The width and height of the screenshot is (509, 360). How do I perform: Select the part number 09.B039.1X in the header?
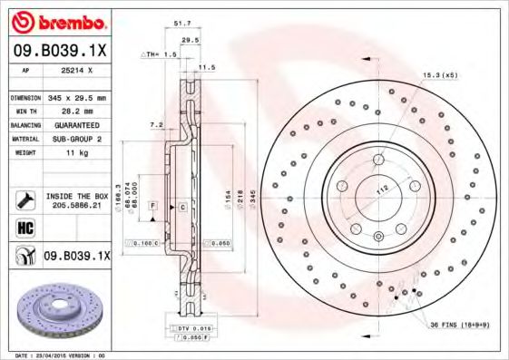(x=60, y=52)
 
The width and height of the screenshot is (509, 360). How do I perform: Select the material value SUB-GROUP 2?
(x=76, y=139)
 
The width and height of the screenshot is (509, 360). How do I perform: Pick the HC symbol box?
(x=24, y=227)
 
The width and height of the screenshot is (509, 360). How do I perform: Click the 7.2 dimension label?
(x=156, y=123)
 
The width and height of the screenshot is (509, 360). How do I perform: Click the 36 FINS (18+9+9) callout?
(x=457, y=324)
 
